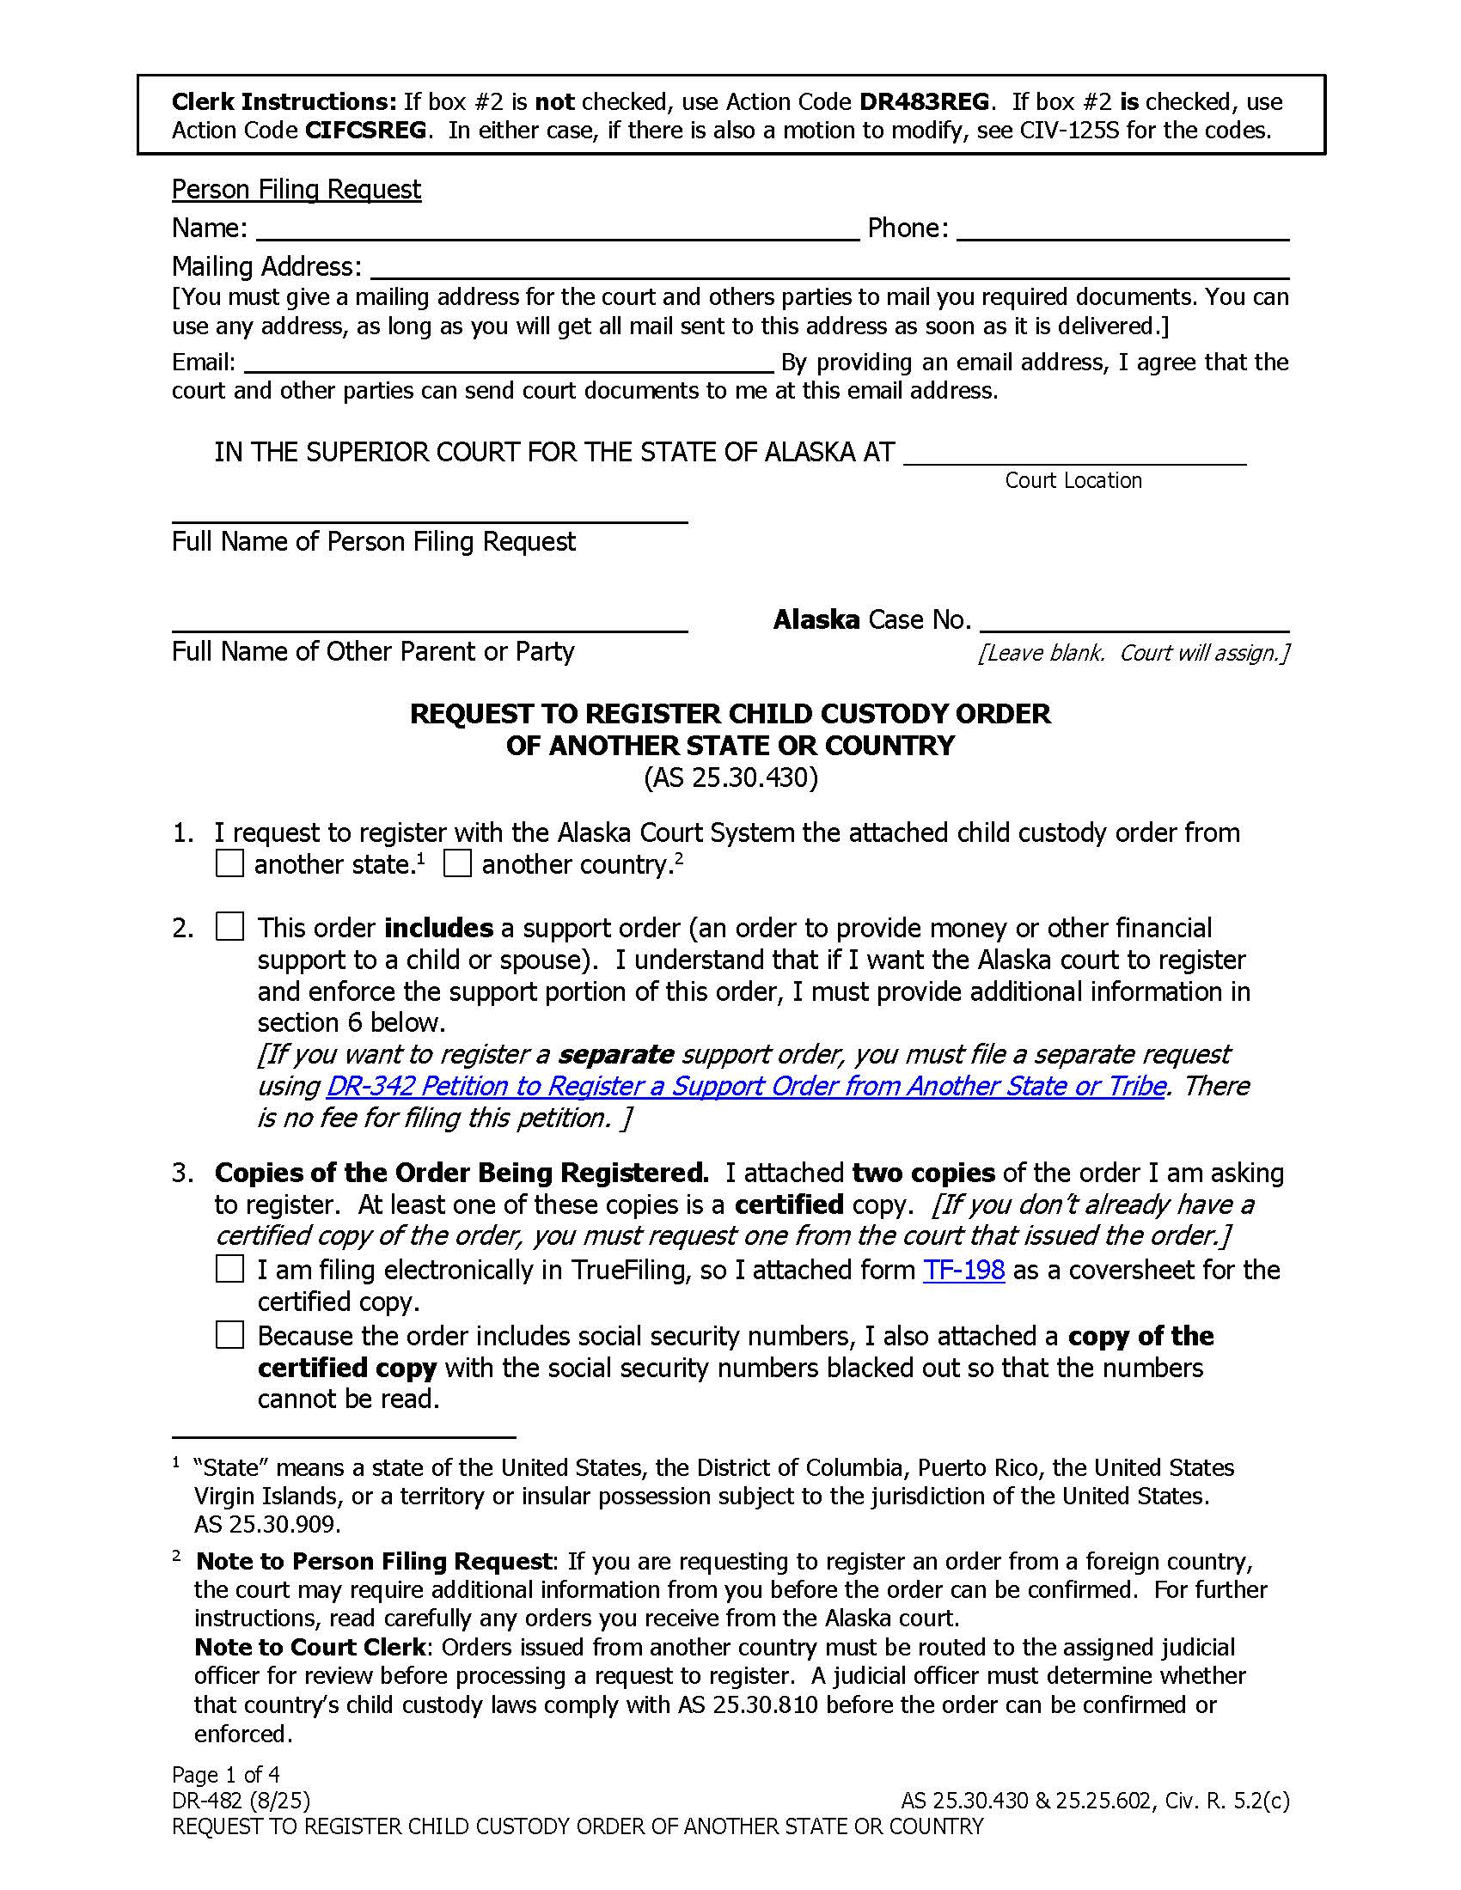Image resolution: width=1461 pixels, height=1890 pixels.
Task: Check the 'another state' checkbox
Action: (229, 863)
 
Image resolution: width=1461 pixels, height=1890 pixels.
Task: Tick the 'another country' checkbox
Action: (457, 863)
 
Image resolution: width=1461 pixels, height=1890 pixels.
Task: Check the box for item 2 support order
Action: (229, 927)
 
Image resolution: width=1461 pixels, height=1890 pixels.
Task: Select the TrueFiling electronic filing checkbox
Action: (229, 1269)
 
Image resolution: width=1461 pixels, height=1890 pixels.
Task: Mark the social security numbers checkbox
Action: (229, 1335)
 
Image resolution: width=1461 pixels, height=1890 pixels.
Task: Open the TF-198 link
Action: (963, 1270)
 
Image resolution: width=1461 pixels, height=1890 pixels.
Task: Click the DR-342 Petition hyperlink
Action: (745, 1085)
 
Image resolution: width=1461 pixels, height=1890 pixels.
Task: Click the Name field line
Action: (558, 230)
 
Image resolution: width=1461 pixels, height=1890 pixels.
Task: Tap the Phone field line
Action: (1122, 230)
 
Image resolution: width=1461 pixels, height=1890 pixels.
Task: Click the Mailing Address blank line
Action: (829, 268)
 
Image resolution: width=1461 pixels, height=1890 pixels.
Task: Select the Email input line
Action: (508, 363)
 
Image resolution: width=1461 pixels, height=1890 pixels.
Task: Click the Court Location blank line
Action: (1074, 455)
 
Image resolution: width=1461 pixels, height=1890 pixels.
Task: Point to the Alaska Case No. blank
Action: (1134, 622)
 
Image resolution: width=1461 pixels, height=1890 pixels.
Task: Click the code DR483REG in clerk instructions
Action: (923, 102)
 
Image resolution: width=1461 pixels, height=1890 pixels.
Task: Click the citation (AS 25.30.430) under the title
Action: (730, 777)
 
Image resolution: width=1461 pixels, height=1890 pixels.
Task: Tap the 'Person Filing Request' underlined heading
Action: (296, 190)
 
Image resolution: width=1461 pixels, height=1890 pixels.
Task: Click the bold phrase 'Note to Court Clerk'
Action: (310, 1646)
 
